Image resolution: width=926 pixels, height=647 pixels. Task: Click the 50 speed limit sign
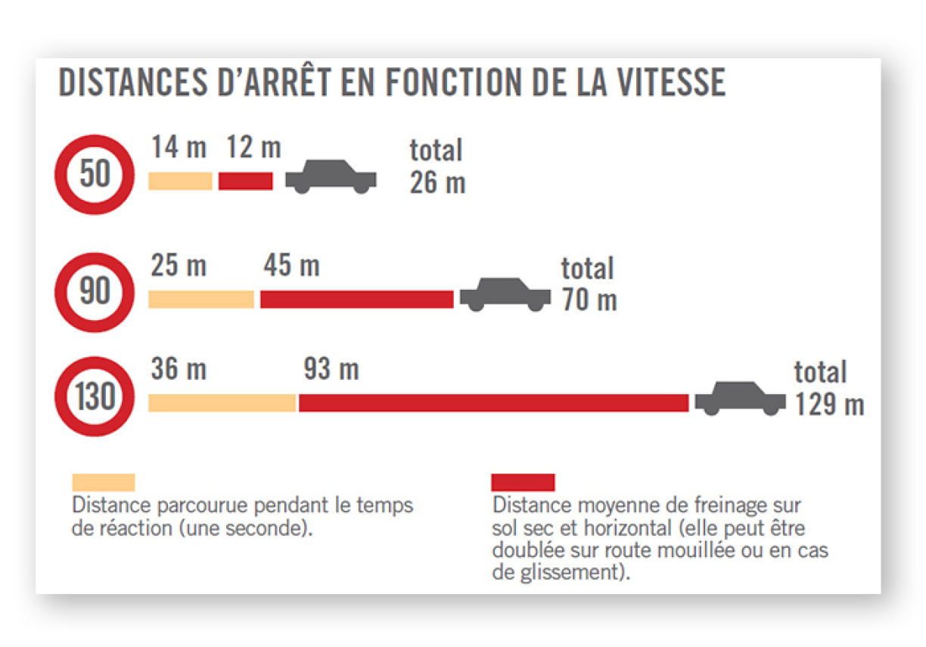pyautogui.click(x=95, y=175)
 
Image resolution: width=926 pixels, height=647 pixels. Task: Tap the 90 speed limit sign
pyautogui.click(x=95, y=291)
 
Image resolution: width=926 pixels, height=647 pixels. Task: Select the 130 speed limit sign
pyautogui.click(x=95, y=397)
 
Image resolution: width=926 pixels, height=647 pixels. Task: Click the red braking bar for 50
pyautogui.click(x=245, y=181)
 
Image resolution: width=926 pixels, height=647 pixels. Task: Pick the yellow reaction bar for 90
pyautogui.click(x=201, y=299)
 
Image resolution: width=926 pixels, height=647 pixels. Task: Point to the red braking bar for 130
pyautogui.click(x=493, y=403)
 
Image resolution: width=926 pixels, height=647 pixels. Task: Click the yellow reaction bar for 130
pyautogui.click(x=222, y=403)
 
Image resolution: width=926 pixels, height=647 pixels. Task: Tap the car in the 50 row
pyautogui.click(x=331, y=177)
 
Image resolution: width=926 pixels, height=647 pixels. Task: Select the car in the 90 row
pyautogui.click(x=505, y=294)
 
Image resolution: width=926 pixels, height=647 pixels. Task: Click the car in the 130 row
pyautogui.click(x=741, y=398)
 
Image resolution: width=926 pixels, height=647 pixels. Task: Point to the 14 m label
pyautogui.click(x=179, y=147)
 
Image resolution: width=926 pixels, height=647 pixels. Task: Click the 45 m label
pyautogui.click(x=291, y=266)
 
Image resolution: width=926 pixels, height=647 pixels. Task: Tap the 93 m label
pyautogui.click(x=331, y=369)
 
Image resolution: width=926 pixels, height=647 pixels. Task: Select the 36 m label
pyautogui.click(x=179, y=369)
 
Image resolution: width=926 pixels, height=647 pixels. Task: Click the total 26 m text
pyautogui.click(x=437, y=166)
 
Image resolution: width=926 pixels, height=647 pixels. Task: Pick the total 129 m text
pyautogui.click(x=828, y=388)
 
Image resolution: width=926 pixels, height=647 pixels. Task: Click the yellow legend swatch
pyautogui.click(x=104, y=483)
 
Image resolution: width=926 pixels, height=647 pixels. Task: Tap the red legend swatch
pyautogui.click(x=523, y=483)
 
